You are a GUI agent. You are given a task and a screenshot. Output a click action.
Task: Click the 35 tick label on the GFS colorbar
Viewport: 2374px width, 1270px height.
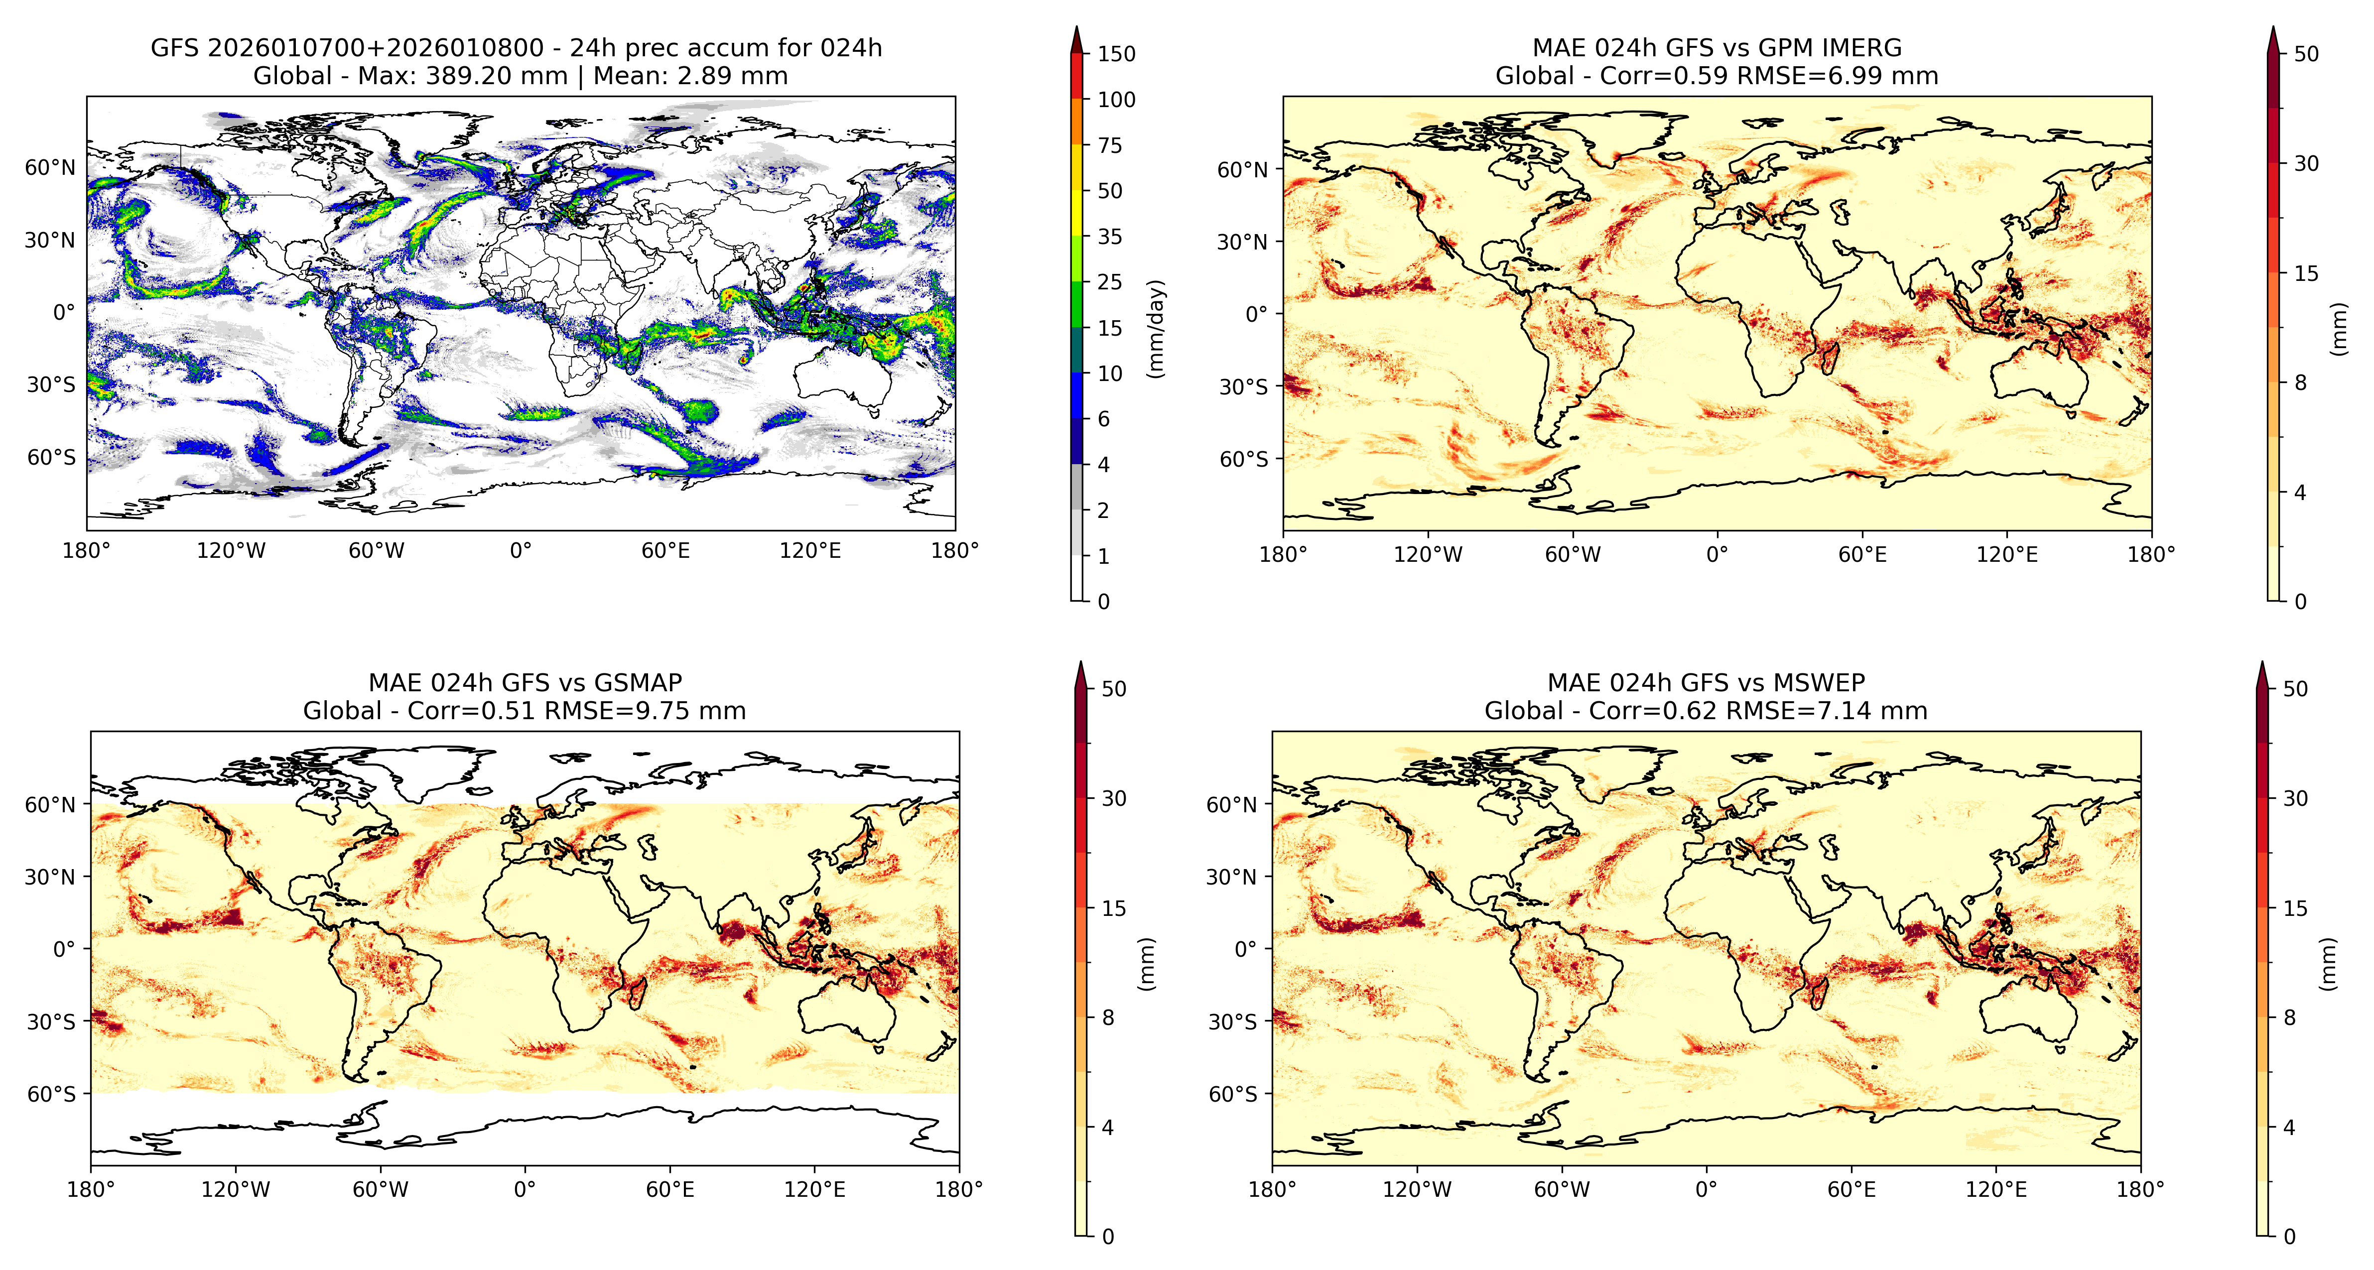coord(1110,237)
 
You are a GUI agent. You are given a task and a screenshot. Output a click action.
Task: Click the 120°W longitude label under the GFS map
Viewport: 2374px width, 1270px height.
coord(231,551)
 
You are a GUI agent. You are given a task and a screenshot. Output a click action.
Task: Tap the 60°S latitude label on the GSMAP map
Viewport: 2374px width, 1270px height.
coord(51,1094)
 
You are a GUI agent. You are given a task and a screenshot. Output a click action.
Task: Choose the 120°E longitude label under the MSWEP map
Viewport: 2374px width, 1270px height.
coord(1996,1189)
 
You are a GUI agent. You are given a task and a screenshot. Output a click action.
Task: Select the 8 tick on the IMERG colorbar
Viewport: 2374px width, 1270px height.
coord(2300,382)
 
